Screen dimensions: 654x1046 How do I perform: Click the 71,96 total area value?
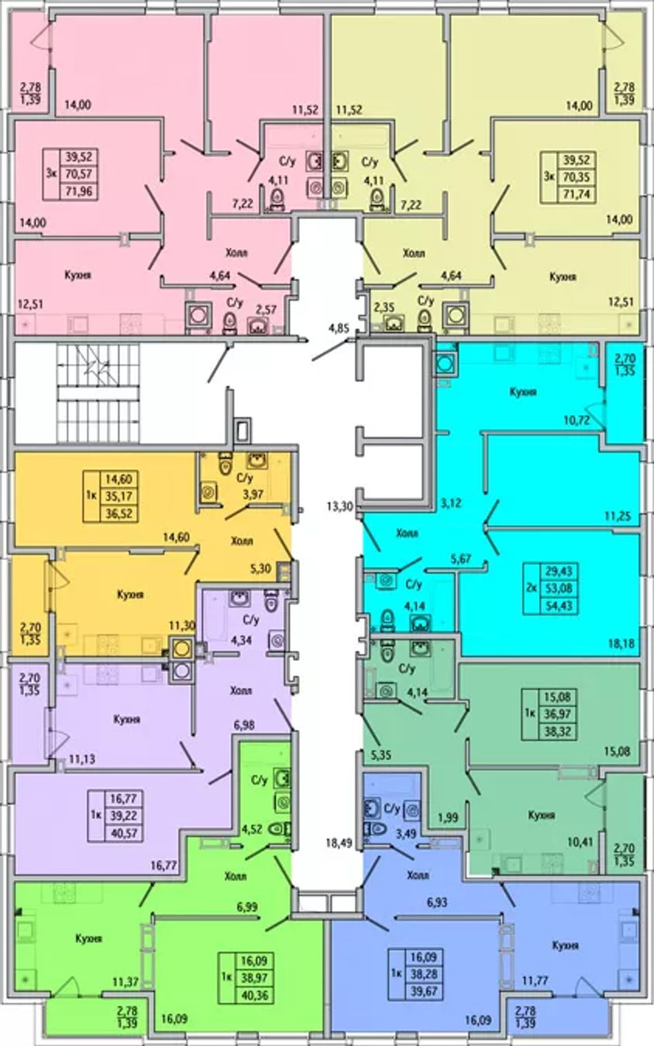click(79, 191)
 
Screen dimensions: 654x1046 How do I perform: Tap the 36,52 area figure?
click(120, 514)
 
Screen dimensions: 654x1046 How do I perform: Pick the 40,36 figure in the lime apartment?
click(255, 994)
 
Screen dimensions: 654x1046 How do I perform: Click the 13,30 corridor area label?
click(340, 506)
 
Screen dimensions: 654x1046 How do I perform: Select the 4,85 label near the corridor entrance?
click(339, 328)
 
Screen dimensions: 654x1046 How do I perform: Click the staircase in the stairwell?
click(98, 393)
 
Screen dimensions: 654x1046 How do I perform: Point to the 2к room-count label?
click(531, 588)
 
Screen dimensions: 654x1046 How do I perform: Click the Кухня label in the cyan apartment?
click(523, 392)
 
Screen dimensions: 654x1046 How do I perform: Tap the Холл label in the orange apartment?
click(242, 541)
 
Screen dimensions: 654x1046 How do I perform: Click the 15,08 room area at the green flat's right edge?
click(619, 752)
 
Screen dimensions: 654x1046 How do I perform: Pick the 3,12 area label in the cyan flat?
click(451, 503)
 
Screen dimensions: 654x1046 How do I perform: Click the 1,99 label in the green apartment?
click(448, 817)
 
